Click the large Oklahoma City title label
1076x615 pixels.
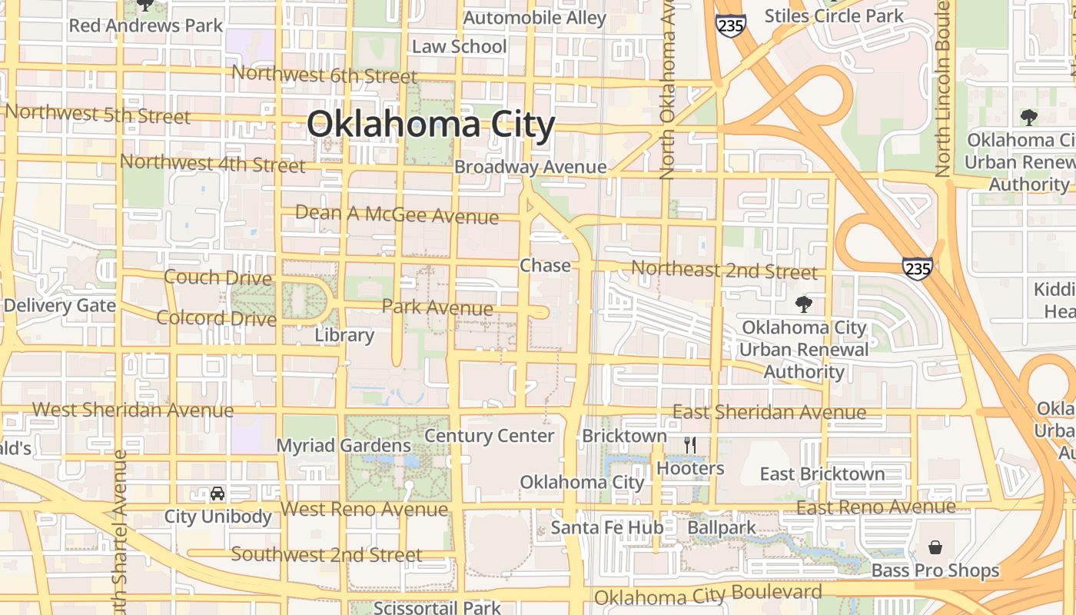(430, 125)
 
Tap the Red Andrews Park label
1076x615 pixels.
(146, 25)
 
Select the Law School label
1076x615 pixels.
(460, 47)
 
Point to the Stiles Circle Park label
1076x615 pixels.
(835, 15)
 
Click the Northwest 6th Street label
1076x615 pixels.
(324, 75)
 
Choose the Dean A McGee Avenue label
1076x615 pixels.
(397, 214)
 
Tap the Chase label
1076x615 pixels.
(546, 266)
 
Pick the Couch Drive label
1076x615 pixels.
(218, 278)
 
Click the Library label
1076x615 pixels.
(344, 335)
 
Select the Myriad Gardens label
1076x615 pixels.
(344, 446)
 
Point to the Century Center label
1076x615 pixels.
(489, 436)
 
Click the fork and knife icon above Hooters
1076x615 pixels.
(690, 445)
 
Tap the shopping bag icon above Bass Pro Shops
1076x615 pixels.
(935, 547)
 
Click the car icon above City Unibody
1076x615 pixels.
(218, 494)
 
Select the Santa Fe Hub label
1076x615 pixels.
(607, 527)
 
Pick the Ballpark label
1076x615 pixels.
(722, 527)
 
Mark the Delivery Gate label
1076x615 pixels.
(59, 305)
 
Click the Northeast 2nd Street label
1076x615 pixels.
(724, 271)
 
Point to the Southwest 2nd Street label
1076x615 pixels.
(327, 554)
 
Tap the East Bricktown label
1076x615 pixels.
(822, 474)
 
